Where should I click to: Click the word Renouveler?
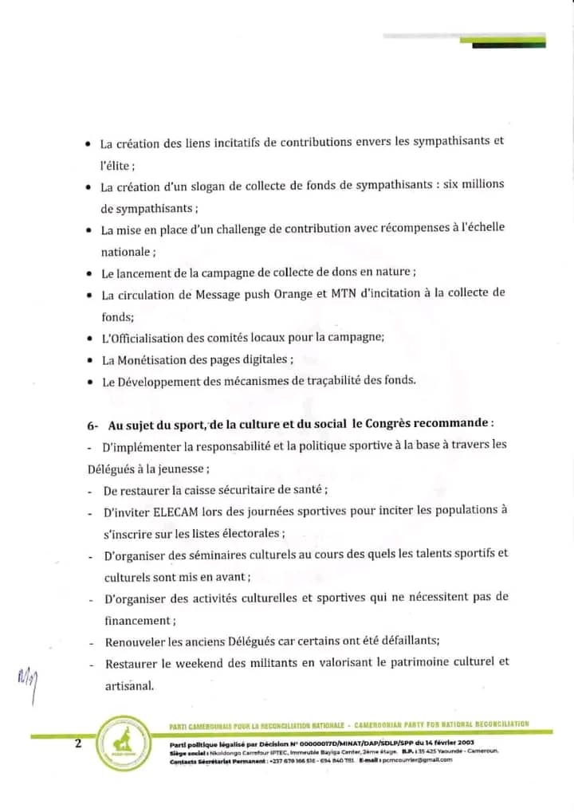(140, 641)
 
